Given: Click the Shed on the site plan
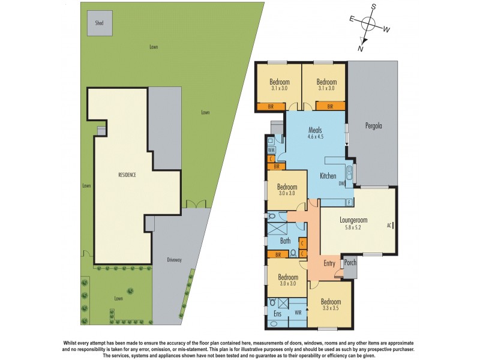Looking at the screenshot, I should point(99,23).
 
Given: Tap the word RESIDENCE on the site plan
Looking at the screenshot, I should point(126,175).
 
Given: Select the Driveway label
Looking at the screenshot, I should point(175,260).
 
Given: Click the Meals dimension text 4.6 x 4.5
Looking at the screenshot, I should point(316,136).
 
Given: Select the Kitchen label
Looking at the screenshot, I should point(328,176).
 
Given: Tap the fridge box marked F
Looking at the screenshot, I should point(349,203).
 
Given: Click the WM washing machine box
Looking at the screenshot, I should point(271,150).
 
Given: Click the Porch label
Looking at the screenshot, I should point(350,262).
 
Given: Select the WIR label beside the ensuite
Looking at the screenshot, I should point(298,313).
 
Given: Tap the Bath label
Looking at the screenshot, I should point(286,242).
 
